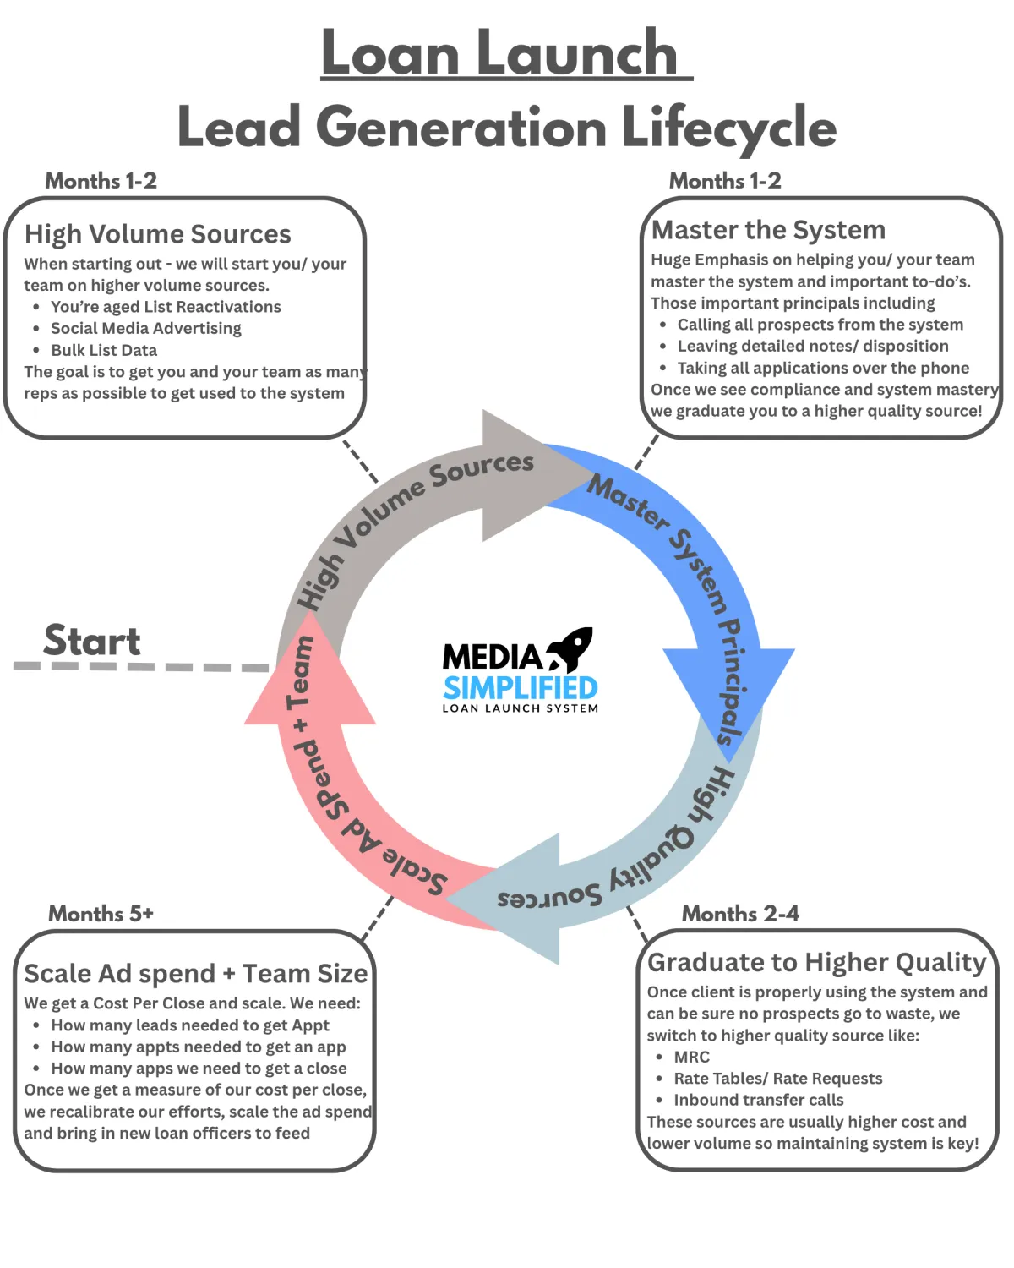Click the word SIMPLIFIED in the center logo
click(x=520, y=688)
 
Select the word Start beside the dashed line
click(x=91, y=641)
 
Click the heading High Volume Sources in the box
click(x=158, y=234)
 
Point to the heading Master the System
click(x=768, y=230)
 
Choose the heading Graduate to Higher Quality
click(x=816, y=962)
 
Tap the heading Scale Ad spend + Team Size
click(x=195, y=974)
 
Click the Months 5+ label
click(x=101, y=914)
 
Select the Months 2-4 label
click(x=740, y=914)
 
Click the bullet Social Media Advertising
click(x=146, y=328)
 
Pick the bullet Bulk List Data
click(x=104, y=350)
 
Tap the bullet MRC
click(x=692, y=1057)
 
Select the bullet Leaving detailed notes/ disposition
click(x=813, y=346)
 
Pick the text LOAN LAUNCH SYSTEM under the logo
click(x=520, y=708)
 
